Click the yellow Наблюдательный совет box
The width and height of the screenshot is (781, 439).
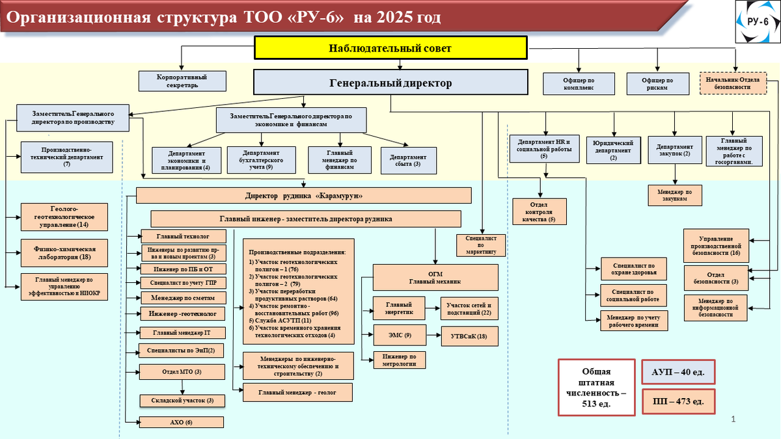390,48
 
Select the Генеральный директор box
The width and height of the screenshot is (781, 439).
390,83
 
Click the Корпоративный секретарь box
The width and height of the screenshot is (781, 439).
182,81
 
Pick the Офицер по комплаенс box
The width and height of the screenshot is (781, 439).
579,83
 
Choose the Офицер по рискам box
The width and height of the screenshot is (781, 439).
657,83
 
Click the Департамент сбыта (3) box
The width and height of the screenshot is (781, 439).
408,160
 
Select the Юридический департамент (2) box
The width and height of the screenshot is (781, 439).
612,150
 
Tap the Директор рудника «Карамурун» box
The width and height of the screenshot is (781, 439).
303,196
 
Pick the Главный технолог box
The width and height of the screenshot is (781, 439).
183,236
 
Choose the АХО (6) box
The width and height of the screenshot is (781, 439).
182,422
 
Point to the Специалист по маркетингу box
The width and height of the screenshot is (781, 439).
482,245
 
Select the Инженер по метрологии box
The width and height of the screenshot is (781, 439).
399,360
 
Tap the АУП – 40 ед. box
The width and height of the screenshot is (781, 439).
679,373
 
